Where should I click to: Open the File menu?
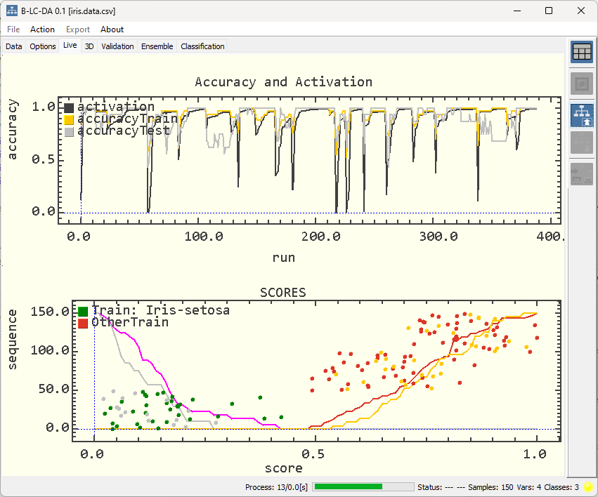tap(13, 29)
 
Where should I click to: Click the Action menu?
tap(42, 29)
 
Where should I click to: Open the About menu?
tap(112, 29)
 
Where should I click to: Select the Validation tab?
tap(117, 46)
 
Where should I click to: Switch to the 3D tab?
tap(89, 46)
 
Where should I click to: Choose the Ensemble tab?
tap(157, 46)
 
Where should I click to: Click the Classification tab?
tap(202, 46)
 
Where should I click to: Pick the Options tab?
tap(43, 46)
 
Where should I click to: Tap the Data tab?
tap(14, 46)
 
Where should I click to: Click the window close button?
tap(580, 11)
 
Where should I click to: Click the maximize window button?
tap(549, 11)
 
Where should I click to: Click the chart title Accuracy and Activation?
tap(283, 82)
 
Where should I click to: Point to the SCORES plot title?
tap(283, 292)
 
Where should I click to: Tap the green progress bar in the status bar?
tap(348, 486)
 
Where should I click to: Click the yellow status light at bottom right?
tap(588, 486)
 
